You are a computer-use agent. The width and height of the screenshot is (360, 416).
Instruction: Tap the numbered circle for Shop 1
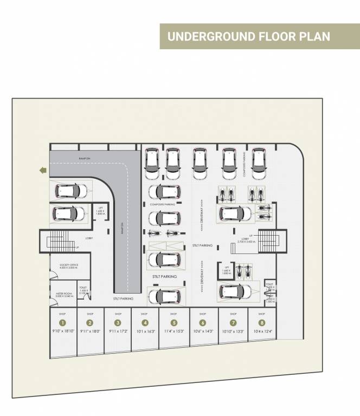tap(62, 323)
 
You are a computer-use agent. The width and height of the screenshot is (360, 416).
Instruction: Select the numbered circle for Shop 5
tap(173, 323)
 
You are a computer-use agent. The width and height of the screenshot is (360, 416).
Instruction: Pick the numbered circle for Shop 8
tap(262, 323)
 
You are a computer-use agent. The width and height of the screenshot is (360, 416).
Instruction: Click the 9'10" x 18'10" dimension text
tap(62, 330)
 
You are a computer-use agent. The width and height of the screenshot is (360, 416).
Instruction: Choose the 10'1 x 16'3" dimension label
tap(144, 330)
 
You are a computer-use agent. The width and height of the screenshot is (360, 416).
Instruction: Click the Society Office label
tap(69, 266)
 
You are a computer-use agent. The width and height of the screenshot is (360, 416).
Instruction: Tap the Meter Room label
tap(65, 294)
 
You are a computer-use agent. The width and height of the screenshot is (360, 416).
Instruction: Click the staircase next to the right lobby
tap(268, 240)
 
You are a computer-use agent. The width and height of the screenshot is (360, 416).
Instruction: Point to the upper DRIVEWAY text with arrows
tap(202, 211)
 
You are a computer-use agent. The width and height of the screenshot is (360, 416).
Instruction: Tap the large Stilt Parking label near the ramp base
tap(164, 276)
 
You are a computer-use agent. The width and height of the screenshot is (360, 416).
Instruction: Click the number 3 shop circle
tap(118, 323)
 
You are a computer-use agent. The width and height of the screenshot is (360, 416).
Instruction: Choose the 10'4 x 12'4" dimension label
tap(262, 330)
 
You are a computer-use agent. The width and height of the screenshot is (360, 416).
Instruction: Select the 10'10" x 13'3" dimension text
tap(233, 330)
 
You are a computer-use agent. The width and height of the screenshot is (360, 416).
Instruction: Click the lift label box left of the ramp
tap(101, 213)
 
